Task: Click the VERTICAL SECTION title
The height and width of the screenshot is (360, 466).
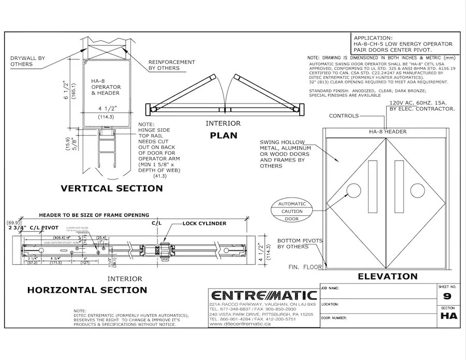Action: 112,188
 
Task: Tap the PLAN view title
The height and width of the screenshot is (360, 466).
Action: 223,136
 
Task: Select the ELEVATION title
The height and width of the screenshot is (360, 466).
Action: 387,276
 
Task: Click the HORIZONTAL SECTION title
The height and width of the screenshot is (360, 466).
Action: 87,290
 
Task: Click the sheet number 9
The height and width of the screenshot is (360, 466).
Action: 447,296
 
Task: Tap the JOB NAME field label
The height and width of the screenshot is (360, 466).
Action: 330,287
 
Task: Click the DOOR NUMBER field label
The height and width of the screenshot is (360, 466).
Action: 334,318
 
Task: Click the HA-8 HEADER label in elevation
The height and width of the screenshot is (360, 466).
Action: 388,132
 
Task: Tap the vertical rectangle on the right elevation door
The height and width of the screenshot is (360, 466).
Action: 399,187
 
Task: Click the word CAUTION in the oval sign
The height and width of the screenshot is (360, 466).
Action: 292,212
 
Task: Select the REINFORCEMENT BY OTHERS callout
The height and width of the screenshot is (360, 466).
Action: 171,65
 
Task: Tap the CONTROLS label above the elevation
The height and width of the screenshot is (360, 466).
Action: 344,116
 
